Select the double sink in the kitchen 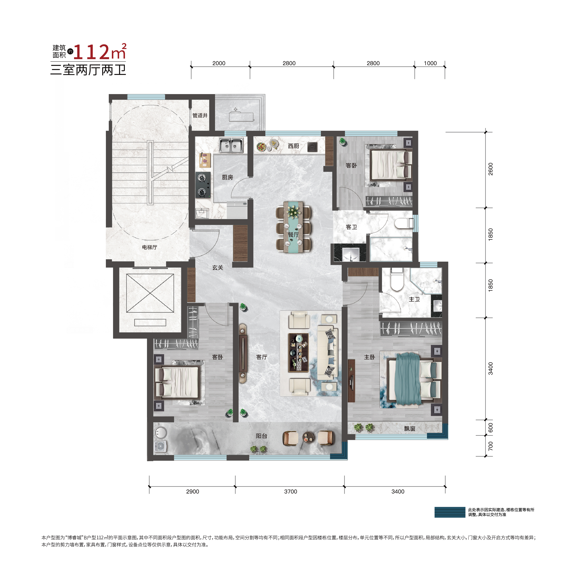pos(231,145)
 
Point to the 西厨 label pos(293,146)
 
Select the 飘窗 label pos(409,428)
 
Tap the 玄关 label pos(217,268)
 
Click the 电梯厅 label pos(150,247)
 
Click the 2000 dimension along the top pos(219,63)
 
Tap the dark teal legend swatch pos(450,512)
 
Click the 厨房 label pos(227,177)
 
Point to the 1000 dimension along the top pos(430,63)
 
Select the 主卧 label pos(369,357)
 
